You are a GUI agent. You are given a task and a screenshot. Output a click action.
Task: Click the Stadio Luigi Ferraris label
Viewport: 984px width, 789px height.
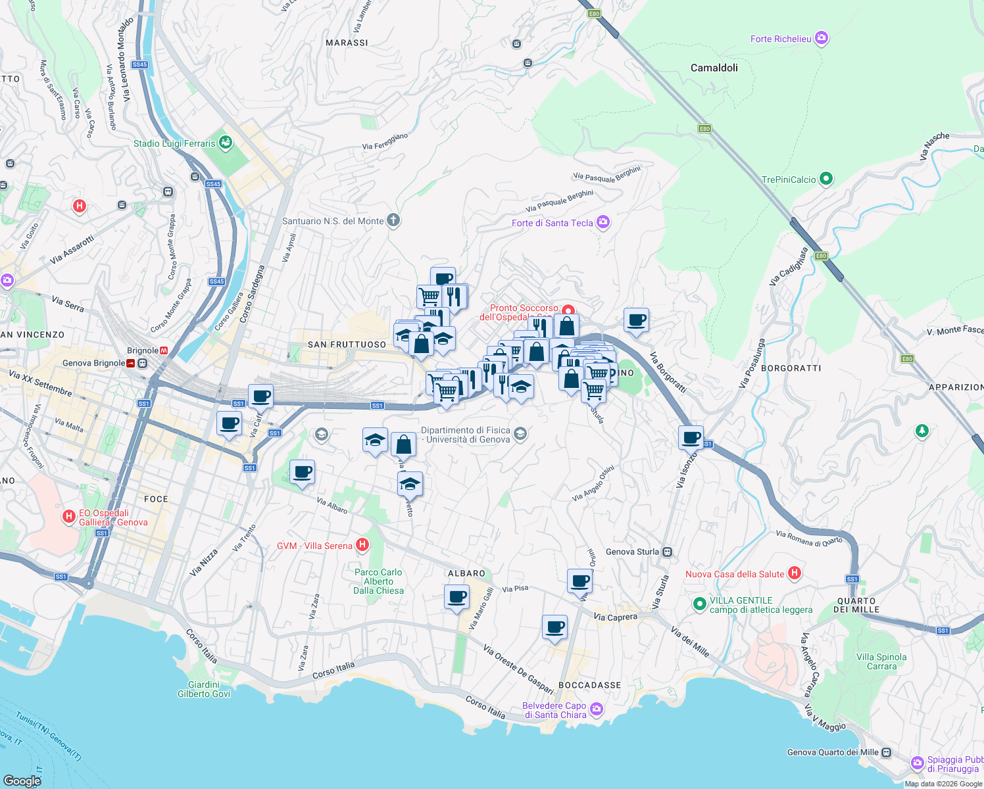coord(174,143)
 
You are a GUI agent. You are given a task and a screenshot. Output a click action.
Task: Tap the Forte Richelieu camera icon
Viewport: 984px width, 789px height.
coord(822,38)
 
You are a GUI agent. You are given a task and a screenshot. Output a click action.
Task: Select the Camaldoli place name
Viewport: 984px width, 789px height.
coord(714,68)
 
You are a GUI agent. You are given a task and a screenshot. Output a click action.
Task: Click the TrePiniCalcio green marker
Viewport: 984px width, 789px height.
coord(827,179)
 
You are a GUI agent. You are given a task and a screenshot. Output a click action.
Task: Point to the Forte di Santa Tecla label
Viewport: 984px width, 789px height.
coord(552,223)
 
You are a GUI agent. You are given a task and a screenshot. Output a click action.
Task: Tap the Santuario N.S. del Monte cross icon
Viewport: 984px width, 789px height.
coord(393,220)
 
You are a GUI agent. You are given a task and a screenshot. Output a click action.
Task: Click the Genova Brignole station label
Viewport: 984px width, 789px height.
coord(93,363)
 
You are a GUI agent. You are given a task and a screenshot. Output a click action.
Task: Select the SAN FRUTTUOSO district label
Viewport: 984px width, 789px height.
coord(347,345)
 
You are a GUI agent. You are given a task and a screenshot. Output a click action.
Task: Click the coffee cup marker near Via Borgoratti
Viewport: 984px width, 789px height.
coord(636,320)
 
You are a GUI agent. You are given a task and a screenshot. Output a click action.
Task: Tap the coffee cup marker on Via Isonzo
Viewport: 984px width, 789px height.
coord(691,437)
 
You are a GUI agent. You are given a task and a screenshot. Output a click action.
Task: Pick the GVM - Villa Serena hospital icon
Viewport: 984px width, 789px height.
coord(362,545)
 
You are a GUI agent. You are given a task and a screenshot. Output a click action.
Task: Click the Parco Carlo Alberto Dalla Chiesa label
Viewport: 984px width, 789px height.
coord(378,581)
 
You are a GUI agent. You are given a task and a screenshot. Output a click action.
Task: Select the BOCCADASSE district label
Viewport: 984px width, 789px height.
coord(589,685)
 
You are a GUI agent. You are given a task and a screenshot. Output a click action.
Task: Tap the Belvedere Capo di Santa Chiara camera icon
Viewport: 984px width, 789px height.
coord(597,709)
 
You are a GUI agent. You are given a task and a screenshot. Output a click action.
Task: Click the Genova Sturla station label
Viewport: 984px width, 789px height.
coord(632,552)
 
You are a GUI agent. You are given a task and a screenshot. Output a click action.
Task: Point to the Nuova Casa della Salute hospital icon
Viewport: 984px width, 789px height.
coord(795,573)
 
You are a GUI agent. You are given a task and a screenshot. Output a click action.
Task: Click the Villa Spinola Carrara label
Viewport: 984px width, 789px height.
coord(881,661)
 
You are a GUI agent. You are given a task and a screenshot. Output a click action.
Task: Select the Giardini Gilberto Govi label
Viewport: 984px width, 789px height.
coord(204,689)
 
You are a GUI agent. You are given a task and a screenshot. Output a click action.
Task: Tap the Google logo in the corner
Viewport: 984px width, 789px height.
coord(22,780)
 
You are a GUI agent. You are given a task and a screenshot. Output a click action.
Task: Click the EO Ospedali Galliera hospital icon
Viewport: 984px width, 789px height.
coord(68,517)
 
